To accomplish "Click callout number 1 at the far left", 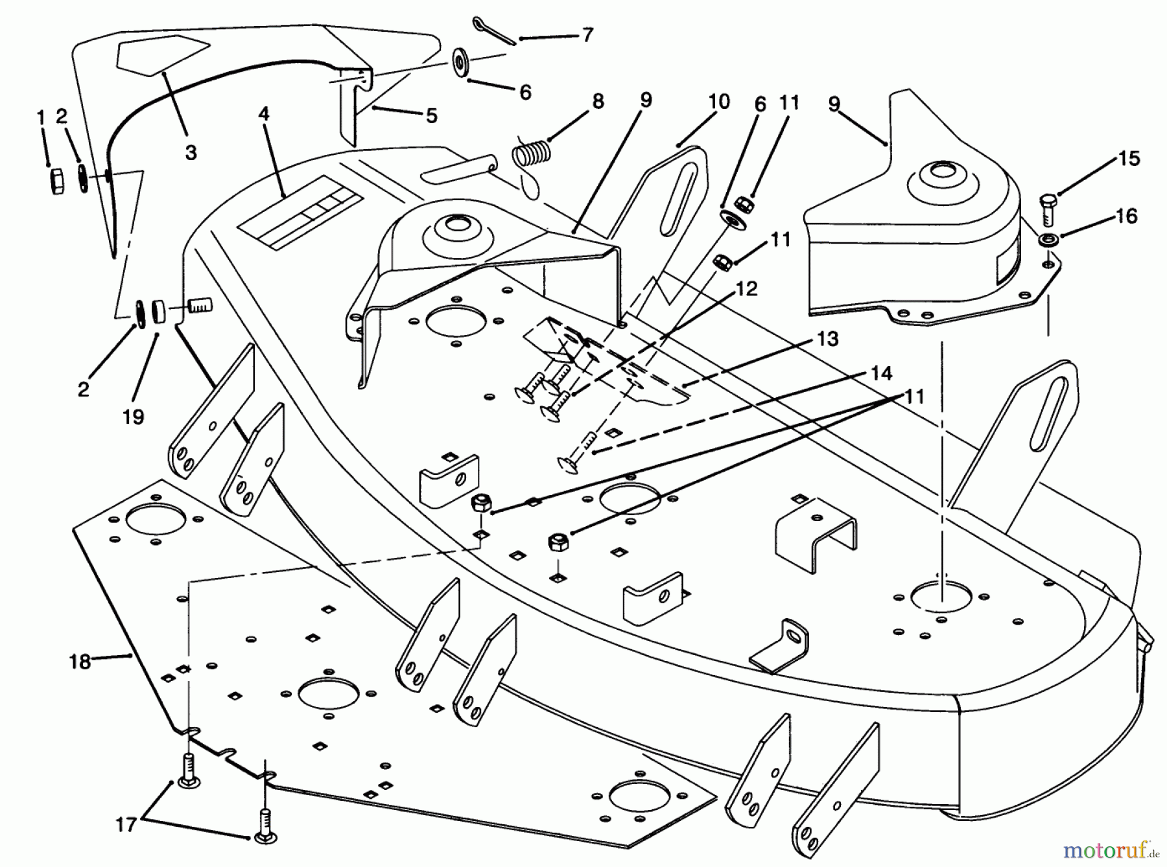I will click(41, 117).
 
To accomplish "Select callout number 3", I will click(191, 153).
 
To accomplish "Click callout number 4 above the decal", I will click(263, 114).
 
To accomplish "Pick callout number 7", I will click(587, 35).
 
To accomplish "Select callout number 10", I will click(718, 102).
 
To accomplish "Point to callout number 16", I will click(1127, 216).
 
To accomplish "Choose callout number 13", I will click(828, 338).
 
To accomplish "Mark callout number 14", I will click(881, 373).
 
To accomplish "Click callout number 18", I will click(80, 663).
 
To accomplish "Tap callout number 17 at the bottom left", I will click(126, 825).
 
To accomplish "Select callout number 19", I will click(133, 417).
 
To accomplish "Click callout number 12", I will click(747, 289).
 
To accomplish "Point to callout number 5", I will click(431, 116).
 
